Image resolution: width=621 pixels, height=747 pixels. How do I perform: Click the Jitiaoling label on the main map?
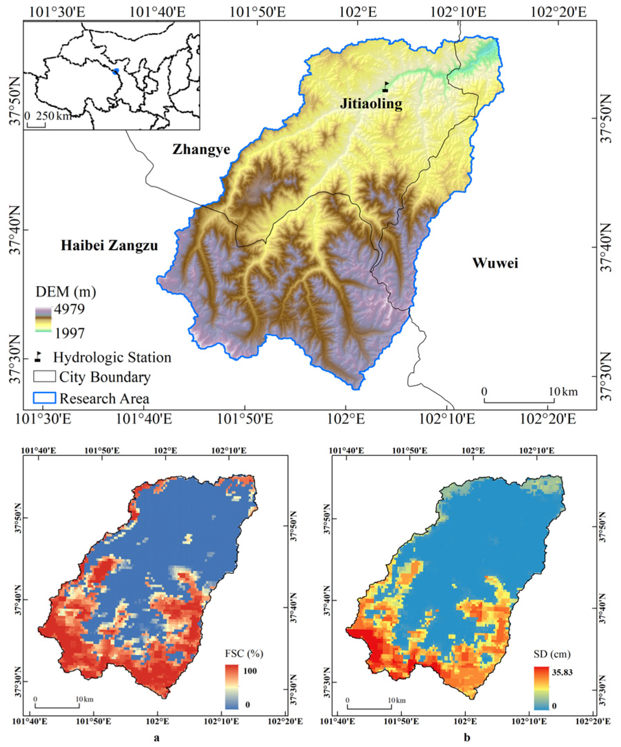tap(371, 104)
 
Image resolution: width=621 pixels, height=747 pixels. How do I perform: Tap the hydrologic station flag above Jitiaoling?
tap(385, 87)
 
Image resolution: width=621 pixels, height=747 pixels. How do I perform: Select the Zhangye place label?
tap(201, 149)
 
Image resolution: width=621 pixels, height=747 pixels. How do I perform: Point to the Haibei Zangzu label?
tap(109, 245)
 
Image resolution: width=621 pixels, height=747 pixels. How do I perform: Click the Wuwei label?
tap(495, 263)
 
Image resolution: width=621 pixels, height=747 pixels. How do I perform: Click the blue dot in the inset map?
tap(115, 72)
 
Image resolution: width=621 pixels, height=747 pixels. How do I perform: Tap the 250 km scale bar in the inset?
tap(36, 125)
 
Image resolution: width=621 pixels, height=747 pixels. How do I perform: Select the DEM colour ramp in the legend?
tap(44, 319)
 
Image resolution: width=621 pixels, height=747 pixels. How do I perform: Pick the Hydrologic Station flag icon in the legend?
tap(38, 357)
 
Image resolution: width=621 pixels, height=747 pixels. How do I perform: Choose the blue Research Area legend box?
tap(45, 398)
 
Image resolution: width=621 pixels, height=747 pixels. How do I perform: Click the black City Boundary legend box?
tap(45, 376)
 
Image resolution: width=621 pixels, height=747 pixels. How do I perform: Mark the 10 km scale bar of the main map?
tap(519, 402)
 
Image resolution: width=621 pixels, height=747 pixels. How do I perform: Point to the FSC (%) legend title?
tap(244, 653)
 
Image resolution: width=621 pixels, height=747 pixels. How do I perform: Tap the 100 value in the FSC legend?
tap(250, 671)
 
